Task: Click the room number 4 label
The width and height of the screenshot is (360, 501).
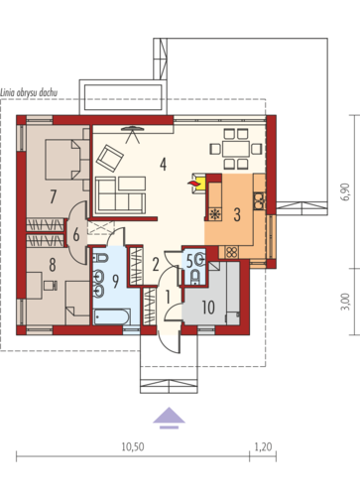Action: [x=163, y=164]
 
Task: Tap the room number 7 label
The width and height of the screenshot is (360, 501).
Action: [x=53, y=196]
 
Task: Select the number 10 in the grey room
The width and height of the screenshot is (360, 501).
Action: [x=208, y=308]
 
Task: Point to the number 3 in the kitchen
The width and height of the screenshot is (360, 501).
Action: [x=237, y=214]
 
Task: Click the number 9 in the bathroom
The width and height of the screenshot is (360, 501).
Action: [x=115, y=282]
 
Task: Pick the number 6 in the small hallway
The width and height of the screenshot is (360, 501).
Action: [x=76, y=235]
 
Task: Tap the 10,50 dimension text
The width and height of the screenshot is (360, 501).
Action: [x=133, y=446]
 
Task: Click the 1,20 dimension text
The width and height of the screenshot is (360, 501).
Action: [x=263, y=446]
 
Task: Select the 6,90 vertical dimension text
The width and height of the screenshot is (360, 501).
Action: [x=345, y=191]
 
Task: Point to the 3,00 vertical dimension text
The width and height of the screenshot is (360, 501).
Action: [x=345, y=302]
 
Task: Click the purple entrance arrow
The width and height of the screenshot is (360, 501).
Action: [x=169, y=418]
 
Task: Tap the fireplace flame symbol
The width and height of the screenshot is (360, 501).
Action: [x=192, y=183]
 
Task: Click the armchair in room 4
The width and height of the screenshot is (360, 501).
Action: [x=110, y=159]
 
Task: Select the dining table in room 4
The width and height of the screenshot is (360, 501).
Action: [x=236, y=149]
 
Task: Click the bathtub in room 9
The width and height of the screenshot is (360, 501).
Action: [x=111, y=317]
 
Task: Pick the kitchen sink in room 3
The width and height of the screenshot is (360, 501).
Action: [x=259, y=201]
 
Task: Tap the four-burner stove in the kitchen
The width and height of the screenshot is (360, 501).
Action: [x=231, y=252]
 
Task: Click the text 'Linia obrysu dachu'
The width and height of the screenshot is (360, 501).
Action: [x=29, y=92]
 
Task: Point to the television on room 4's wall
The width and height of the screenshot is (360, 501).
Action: [x=133, y=128]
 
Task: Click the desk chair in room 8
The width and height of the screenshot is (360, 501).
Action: [x=51, y=285]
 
